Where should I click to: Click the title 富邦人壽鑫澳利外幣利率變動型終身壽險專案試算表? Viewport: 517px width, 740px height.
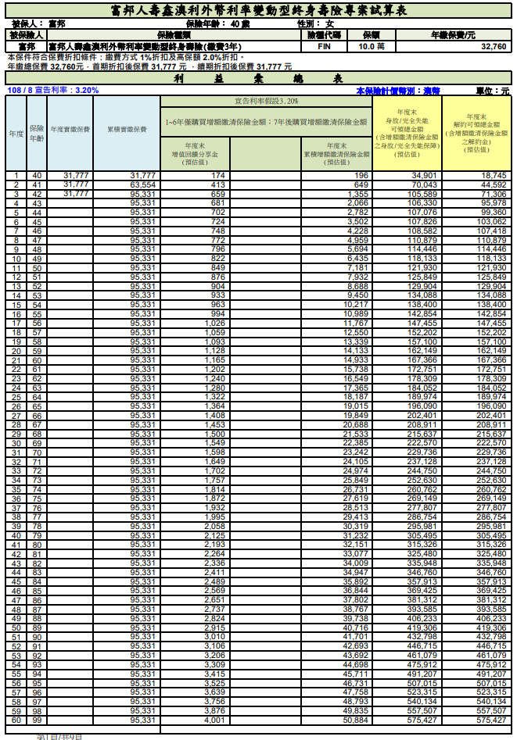click(258, 11)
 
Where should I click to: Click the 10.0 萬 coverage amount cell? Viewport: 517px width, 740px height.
click(371, 47)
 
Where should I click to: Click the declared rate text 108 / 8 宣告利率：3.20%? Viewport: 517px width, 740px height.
click(52, 91)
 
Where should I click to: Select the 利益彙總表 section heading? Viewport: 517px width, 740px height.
click(258, 80)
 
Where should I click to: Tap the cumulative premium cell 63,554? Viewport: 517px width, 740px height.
click(143, 185)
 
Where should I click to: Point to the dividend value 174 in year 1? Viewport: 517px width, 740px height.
click(217, 176)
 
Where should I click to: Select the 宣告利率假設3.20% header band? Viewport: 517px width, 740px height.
click(266, 102)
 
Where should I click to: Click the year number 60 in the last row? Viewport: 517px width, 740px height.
click(16, 720)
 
